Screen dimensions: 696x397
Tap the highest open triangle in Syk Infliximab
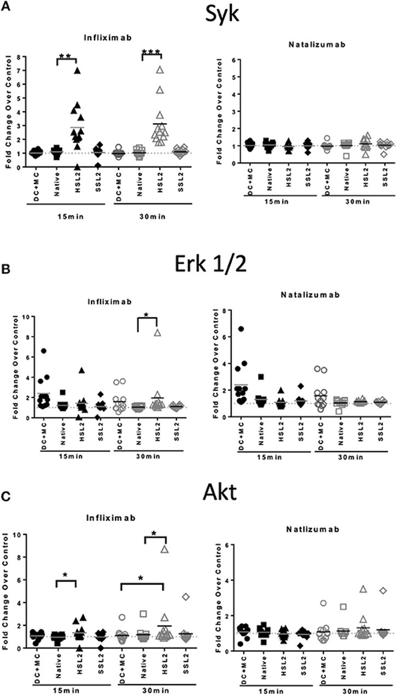[160, 69]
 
